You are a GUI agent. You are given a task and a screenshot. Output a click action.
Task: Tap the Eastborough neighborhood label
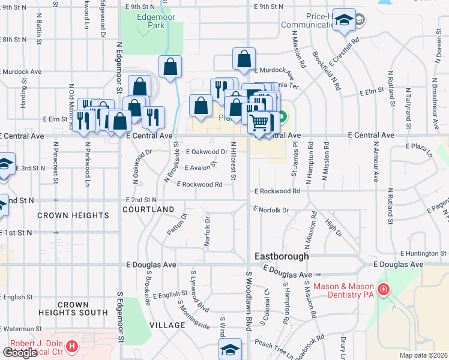pyautogui.click(x=282, y=256)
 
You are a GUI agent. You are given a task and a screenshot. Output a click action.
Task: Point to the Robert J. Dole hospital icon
pyautogui.click(x=71, y=347)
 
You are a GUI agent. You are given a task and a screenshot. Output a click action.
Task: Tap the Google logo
pyautogui.click(x=20, y=353)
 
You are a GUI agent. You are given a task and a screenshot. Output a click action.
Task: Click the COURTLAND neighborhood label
pyautogui.click(x=148, y=209)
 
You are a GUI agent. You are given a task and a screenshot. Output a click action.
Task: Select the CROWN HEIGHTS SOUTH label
pyautogui.click(x=73, y=308)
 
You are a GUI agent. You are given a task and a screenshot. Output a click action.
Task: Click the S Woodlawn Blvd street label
pyautogui.click(x=248, y=300)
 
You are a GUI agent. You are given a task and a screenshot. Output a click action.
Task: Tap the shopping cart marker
pyautogui.click(x=259, y=123)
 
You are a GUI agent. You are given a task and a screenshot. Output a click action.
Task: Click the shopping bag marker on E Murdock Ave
pyautogui.click(x=244, y=59)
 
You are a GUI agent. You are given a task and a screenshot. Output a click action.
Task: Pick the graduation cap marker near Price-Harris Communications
pyautogui.click(x=345, y=20)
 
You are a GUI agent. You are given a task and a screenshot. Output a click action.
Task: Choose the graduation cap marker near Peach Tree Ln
pyautogui.click(x=230, y=350)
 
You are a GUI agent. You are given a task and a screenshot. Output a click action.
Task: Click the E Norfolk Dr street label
pyautogui.click(x=271, y=210)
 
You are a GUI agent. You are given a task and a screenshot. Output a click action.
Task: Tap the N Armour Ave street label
pyautogui.click(x=376, y=162)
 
